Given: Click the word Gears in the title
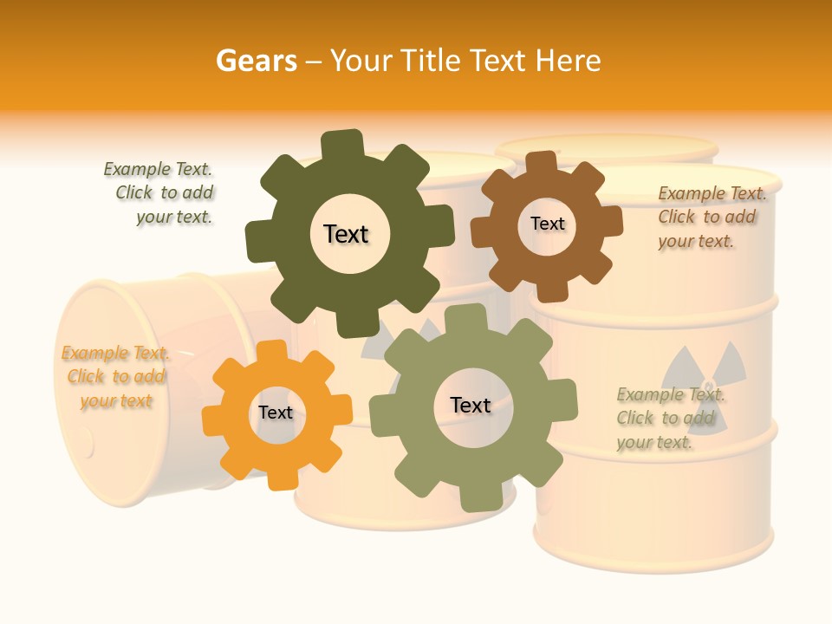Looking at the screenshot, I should [257, 61].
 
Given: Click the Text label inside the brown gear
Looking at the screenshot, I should [547, 224].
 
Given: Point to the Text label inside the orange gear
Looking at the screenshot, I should [276, 413].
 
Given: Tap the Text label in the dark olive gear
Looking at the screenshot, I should [346, 234].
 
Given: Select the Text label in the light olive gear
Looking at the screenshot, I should [471, 405].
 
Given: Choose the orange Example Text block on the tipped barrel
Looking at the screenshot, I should [115, 377].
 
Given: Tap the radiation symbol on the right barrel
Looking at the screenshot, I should [703, 369].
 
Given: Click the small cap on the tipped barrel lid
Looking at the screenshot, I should [87, 443].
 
